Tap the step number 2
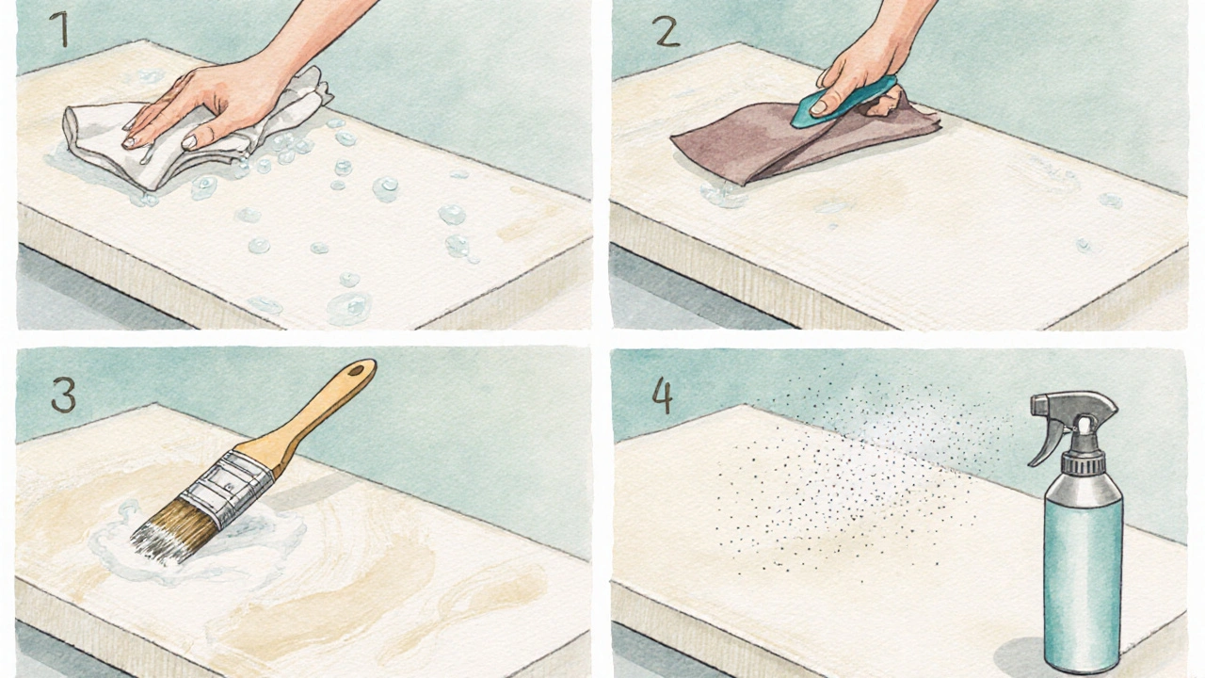coord(666,31)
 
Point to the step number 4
coord(663,395)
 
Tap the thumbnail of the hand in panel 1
coord(189,142)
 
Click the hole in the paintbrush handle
coord(355,370)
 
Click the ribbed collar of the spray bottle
coord(1082,461)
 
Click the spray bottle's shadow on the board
coord(1020,657)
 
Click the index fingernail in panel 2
coord(819,107)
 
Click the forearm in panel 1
coord(317,32)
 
